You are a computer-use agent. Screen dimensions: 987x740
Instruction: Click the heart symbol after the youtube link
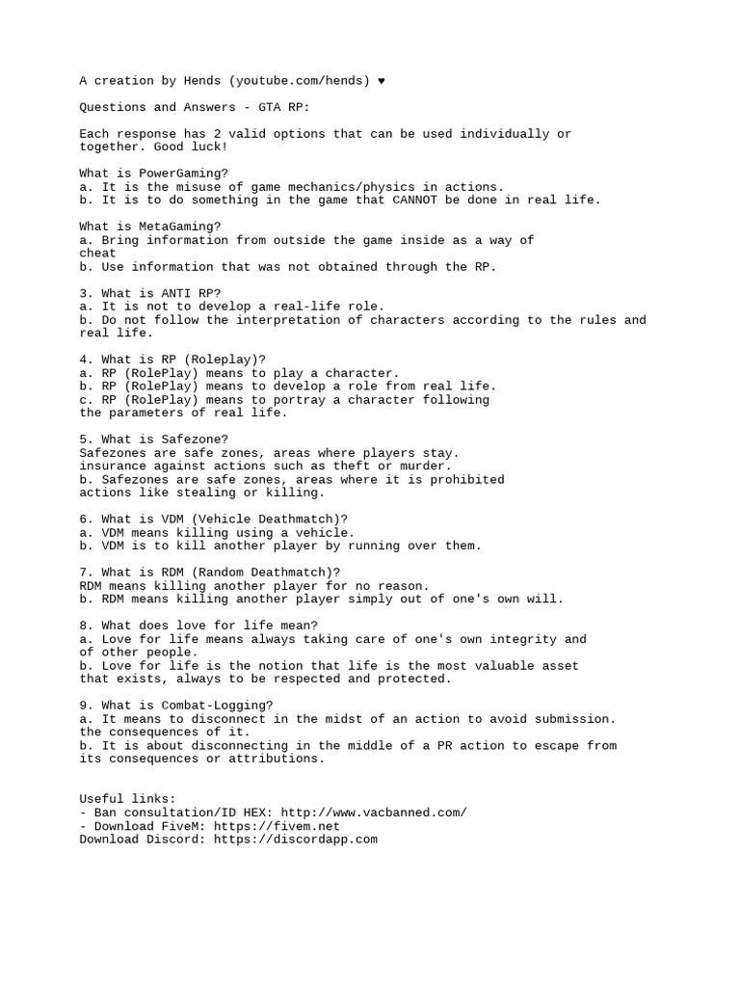click(x=382, y=81)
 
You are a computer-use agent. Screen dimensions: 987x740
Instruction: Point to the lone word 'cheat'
click(x=97, y=253)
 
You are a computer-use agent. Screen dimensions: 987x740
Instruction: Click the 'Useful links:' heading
click(x=127, y=799)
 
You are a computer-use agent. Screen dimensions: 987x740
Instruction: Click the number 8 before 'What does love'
click(x=83, y=626)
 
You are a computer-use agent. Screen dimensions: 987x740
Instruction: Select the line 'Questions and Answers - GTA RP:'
click(x=194, y=107)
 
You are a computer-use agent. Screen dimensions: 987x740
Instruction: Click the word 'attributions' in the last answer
click(x=278, y=759)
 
